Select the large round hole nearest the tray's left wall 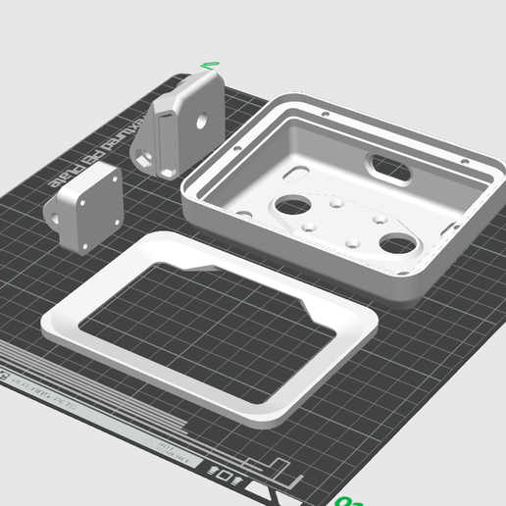[291, 206]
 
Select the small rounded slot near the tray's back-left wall [293, 177]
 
